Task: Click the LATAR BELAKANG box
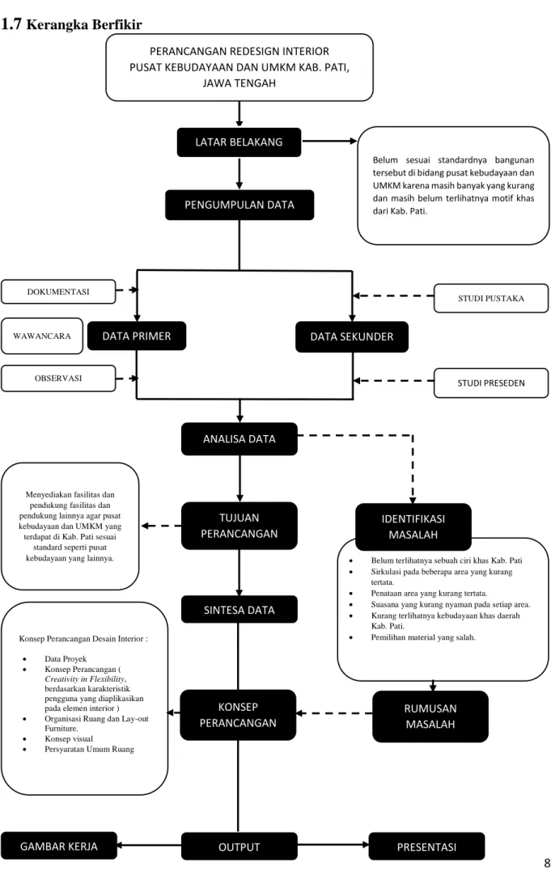[x=239, y=142]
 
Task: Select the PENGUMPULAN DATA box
[x=239, y=205]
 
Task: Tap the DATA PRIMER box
[x=137, y=336]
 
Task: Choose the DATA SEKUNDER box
[x=352, y=336]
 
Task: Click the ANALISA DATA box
[x=239, y=438]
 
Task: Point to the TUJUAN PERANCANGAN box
[x=239, y=526]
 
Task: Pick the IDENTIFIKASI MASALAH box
[x=413, y=526]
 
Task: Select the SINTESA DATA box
[x=239, y=610]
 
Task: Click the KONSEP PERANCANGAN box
[x=238, y=715]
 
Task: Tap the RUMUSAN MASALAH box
[x=430, y=716]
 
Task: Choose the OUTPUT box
[x=239, y=847]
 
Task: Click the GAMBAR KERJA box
[x=58, y=846]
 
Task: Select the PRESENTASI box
[x=426, y=847]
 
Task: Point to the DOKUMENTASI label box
[x=58, y=292]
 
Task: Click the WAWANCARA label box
[x=42, y=336]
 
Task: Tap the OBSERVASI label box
[x=58, y=378]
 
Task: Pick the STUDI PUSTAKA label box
[x=490, y=298]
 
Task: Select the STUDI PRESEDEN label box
[x=490, y=383]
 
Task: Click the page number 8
[x=546, y=863]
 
